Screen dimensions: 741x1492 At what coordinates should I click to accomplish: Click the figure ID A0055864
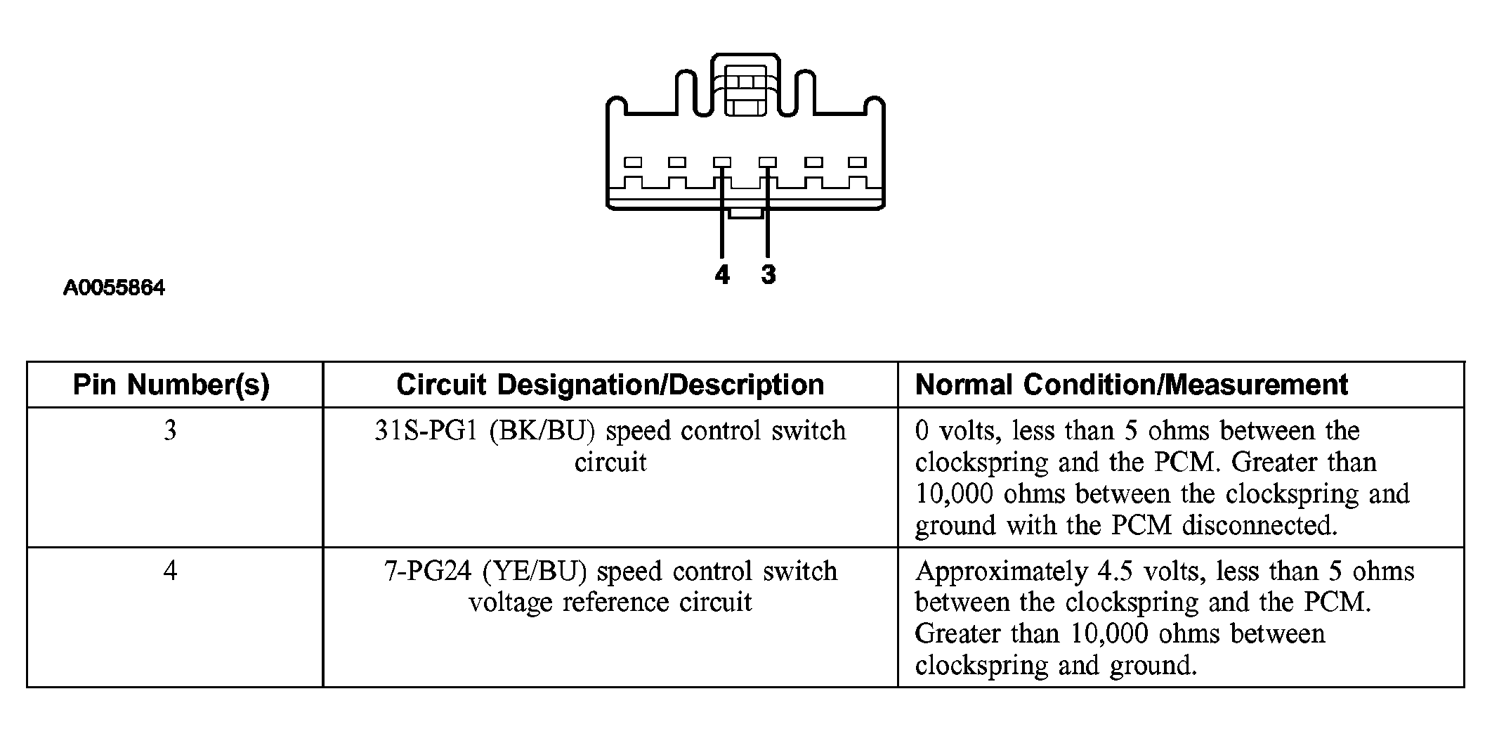(114, 288)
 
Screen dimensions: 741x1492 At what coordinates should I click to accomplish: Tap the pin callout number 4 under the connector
(722, 274)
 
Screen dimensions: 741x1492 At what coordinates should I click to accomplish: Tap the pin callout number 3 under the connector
(768, 274)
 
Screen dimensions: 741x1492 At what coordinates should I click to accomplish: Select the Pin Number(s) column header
(171, 385)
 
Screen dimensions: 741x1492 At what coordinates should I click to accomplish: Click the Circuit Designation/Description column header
(610, 385)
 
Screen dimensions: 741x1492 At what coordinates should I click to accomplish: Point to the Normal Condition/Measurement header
(1132, 385)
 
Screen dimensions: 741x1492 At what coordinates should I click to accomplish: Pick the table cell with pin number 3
(170, 430)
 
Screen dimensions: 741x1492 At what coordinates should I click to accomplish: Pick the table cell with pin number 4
(170, 570)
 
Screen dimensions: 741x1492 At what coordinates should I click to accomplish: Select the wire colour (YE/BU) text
(535, 571)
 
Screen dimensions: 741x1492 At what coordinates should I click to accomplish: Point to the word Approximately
(1001, 571)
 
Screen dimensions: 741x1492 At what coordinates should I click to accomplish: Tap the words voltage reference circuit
(610, 603)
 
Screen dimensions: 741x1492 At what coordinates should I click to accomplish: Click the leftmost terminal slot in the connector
(634, 162)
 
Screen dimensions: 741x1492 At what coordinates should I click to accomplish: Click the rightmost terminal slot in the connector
(857, 162)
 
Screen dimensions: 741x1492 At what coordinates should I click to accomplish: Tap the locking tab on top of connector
(745, 91)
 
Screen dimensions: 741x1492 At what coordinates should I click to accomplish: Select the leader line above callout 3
(768, 225)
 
